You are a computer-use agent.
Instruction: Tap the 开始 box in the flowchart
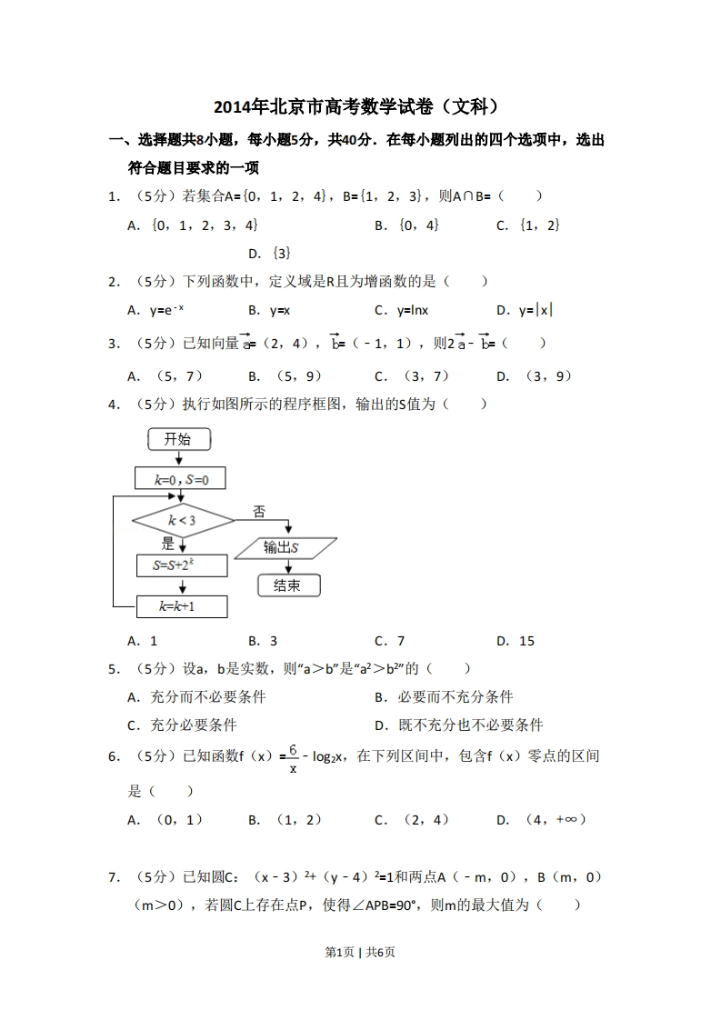tap(178, 440)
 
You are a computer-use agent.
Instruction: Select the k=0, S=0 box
tap(179, 479)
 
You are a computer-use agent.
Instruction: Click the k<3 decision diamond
tap(183, 521)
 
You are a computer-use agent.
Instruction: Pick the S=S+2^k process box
tap(182, 565)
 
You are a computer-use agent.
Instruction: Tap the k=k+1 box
tap(181, 606)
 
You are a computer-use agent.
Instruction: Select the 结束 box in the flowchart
tap(286, 585)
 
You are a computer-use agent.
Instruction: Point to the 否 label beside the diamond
tap(259, 512)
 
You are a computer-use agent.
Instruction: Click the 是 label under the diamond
tap(167, 544)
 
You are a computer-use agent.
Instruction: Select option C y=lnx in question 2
tap(401, 310)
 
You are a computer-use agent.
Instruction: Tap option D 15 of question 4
tap(516, 641)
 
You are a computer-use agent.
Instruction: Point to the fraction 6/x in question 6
tap(293, 759)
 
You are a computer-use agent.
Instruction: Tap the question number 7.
tap(114, 877)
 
